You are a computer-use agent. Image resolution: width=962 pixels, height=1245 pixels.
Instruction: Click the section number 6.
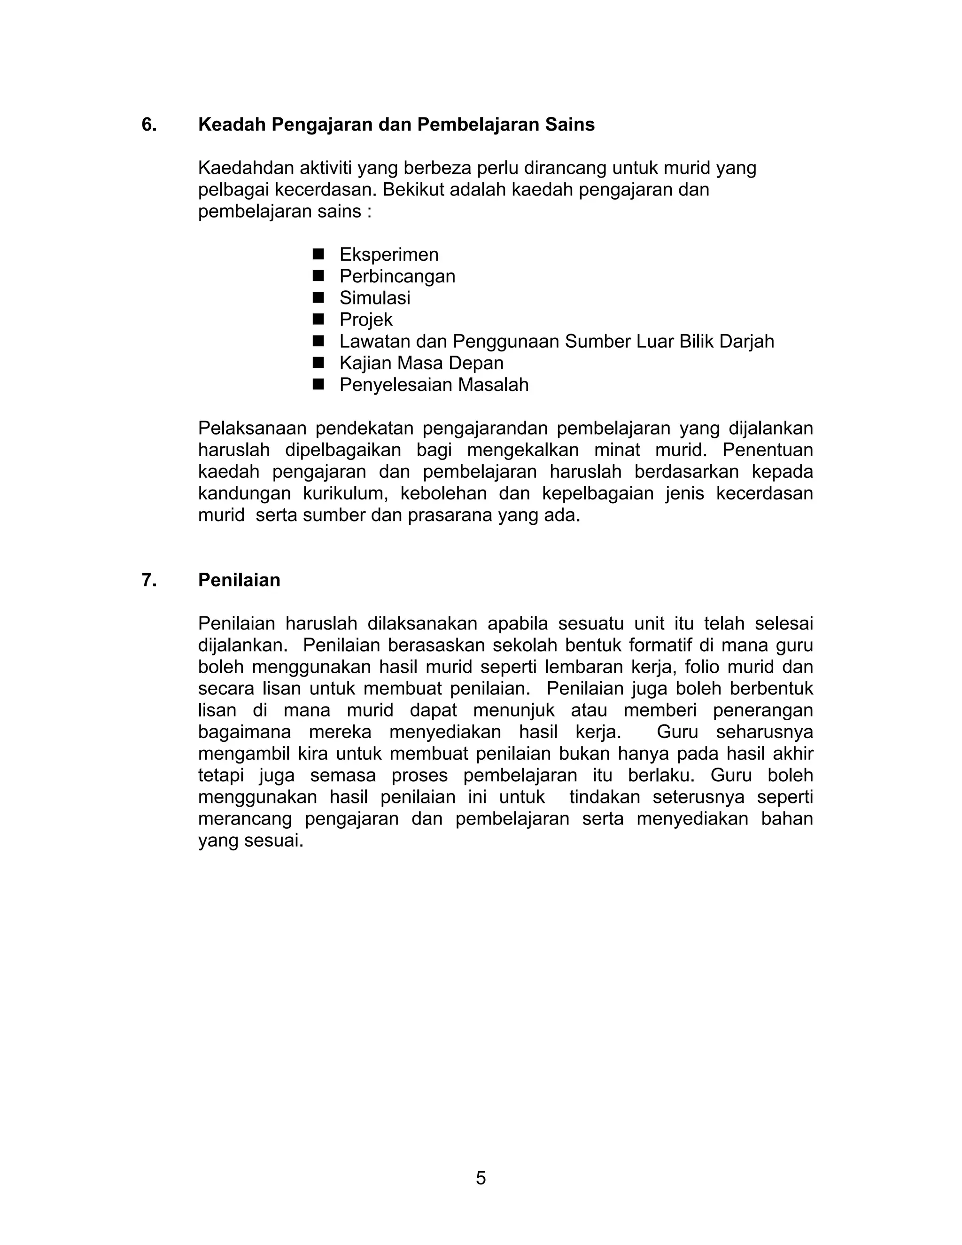[149, 125]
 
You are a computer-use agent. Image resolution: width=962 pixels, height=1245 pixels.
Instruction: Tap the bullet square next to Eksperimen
[318, 254]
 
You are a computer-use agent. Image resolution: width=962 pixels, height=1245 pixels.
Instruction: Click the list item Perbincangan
[397, 276]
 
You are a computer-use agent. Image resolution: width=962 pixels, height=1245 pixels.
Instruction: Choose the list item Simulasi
[374, 297]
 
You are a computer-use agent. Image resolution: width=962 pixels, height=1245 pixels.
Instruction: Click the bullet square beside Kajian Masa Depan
[318, 363]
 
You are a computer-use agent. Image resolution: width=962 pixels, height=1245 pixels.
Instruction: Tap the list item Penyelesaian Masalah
[434, 385]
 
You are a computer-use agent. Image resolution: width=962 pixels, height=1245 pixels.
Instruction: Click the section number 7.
[149, 580]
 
